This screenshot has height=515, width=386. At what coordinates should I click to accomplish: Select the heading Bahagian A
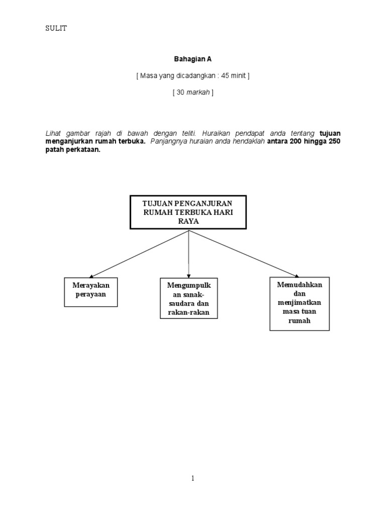pos(193,59)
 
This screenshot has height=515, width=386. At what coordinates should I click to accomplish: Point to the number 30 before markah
pos(180,93)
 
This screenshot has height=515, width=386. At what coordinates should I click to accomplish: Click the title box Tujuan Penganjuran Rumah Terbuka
pos(188,212)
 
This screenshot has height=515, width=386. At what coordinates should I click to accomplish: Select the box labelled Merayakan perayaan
pos(91,291)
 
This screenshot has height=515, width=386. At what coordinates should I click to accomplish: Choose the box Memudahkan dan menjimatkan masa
pos(300,303)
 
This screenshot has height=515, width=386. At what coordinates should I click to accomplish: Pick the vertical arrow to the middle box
pos(188,254)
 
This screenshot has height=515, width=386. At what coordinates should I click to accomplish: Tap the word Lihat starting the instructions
pos(54,133)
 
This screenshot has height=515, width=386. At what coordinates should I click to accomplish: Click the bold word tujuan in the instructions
pos(330,133)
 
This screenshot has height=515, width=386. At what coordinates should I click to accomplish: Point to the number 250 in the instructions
pos(334,141)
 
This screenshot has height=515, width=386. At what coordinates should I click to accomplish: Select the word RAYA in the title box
pos(188,220)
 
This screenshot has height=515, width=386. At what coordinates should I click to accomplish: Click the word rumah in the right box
pos(301,320)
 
